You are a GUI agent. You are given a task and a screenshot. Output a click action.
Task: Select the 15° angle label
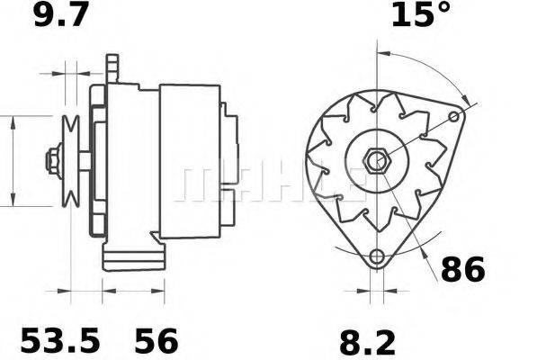pyautogui.click(x=421, y=15)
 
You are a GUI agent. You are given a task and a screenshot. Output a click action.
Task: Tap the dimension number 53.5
pyautogui.click(x=60, y=340)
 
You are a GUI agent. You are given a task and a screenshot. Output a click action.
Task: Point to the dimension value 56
pyautogui.click(x=157, y=340)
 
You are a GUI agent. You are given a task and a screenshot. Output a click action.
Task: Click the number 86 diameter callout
pyautogui.click(x=462, y=268)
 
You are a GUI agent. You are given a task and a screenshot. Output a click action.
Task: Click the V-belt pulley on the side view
pyautogui.click(x=70, y=162)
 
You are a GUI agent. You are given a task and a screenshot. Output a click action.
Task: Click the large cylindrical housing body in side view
pyautogui.click(x=189, y=162)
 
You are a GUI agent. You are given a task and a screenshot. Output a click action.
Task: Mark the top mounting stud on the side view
pyautogui.click(x=112, y=67)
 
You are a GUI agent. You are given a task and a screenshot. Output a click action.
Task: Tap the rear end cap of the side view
pyautogui.click(x=230, y=162)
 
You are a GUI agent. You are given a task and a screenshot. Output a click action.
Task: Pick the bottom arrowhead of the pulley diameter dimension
pyautogui.click(x=13, y=201)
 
